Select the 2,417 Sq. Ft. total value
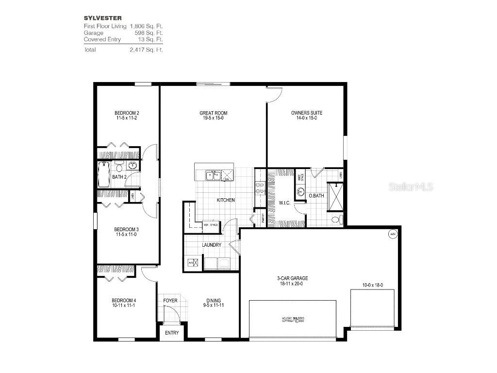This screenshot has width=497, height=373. [x=146, y=50]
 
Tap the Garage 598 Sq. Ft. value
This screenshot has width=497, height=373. [x=146, y=33]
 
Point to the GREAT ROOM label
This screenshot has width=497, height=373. [x=213, y=113]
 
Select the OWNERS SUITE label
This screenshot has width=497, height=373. [x=307, y=113]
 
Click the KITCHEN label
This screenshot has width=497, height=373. [x=226, y=200]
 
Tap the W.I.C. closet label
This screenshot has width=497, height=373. [x=284, y=203]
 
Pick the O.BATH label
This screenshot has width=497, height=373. [x=316, y=196]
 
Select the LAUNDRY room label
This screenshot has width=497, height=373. [x=212, y=245]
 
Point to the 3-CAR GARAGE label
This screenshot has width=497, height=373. [x=293, y=278]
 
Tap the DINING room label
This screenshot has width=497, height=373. [x=213, y=301]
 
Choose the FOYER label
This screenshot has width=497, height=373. [x=170, y=301]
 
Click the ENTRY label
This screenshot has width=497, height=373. [x=172, y=333]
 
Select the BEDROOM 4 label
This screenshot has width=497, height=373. [x=120, y=301]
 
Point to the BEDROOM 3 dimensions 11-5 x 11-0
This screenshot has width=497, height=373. [x=126, y=235]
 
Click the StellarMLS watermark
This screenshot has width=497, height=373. [x=411, y=186]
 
